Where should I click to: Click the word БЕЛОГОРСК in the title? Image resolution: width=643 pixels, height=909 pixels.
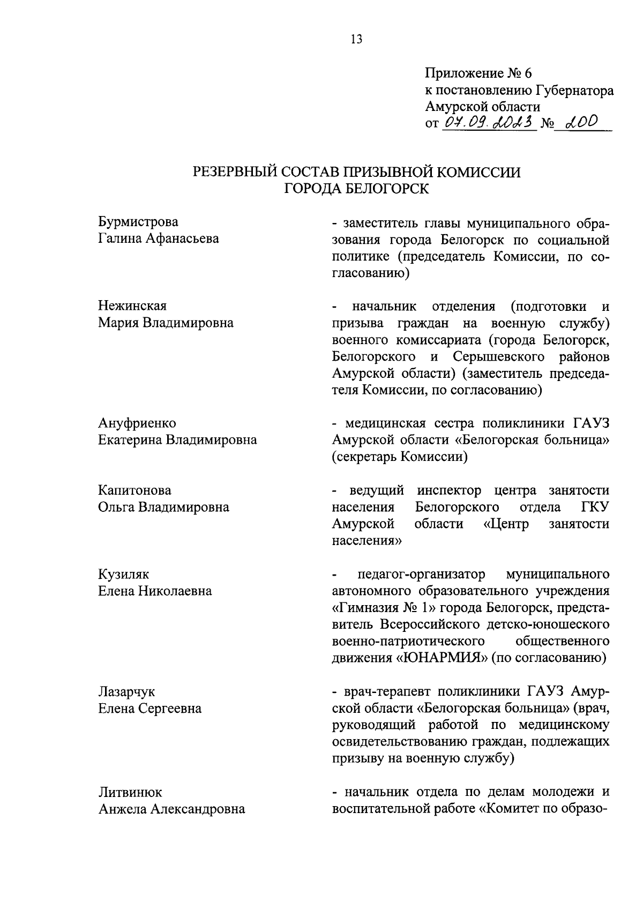[385, 189]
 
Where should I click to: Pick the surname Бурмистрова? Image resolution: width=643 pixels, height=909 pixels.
[138, 222]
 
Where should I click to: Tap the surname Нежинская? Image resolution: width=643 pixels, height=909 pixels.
[132, 306]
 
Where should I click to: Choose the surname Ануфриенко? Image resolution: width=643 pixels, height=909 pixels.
[137, 423]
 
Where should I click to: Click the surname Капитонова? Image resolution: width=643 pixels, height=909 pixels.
[134, 490]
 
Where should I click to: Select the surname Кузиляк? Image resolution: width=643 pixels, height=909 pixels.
[124, 575]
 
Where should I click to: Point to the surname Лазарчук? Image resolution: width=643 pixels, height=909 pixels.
[126, 692]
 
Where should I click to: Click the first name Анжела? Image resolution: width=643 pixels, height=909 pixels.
[122, 809]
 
